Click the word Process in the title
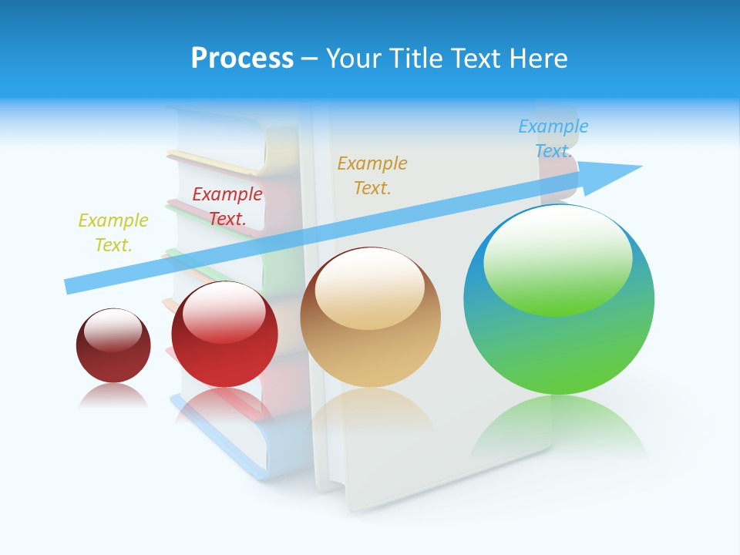point(242,59)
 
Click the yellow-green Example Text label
point(113,233)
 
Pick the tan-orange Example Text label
point(372,176)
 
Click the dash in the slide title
point(310,59)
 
